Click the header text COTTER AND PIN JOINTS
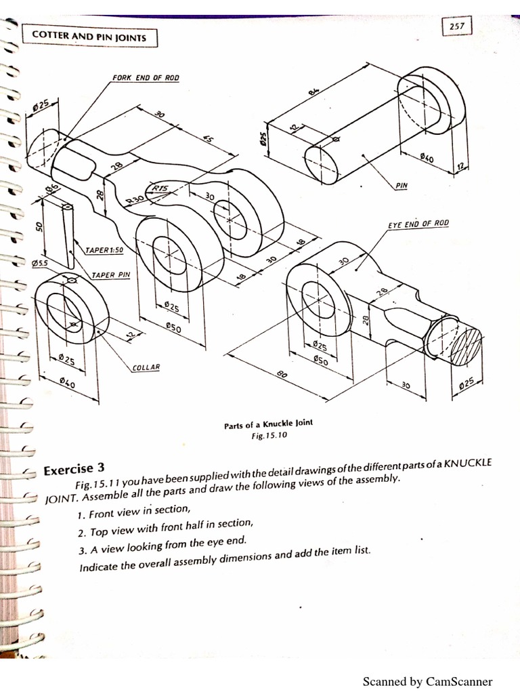click(90, 37)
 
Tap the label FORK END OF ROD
click(146, 78)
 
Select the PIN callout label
click(403, 184)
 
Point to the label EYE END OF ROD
click(418, 224)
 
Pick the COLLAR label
click(146, 367)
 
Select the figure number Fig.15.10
click(269, 436)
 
